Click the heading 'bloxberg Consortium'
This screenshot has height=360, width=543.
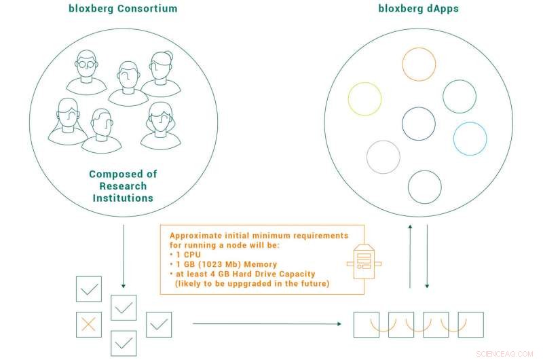point(122,9)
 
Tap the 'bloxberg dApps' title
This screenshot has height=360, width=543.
point(418,9)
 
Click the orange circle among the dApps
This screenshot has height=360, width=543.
point(419,65)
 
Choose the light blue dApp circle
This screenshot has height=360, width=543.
point(470,139)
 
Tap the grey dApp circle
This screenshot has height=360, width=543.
point(383,157)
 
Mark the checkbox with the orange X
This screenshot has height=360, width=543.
point(89,324)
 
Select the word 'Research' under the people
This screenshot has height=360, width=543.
point(122,186)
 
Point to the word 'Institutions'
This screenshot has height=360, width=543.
point(122,198)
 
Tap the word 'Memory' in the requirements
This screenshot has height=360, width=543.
point(265,264)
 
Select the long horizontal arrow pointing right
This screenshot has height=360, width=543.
point(267,324)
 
